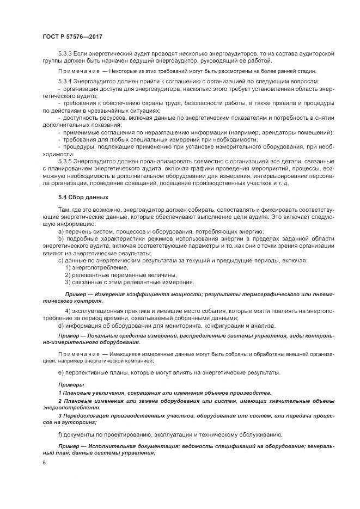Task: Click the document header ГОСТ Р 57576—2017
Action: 72,36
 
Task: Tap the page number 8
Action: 45,462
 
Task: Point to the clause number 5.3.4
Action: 66,81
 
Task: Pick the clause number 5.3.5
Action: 66,162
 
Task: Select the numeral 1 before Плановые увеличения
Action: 59,393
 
